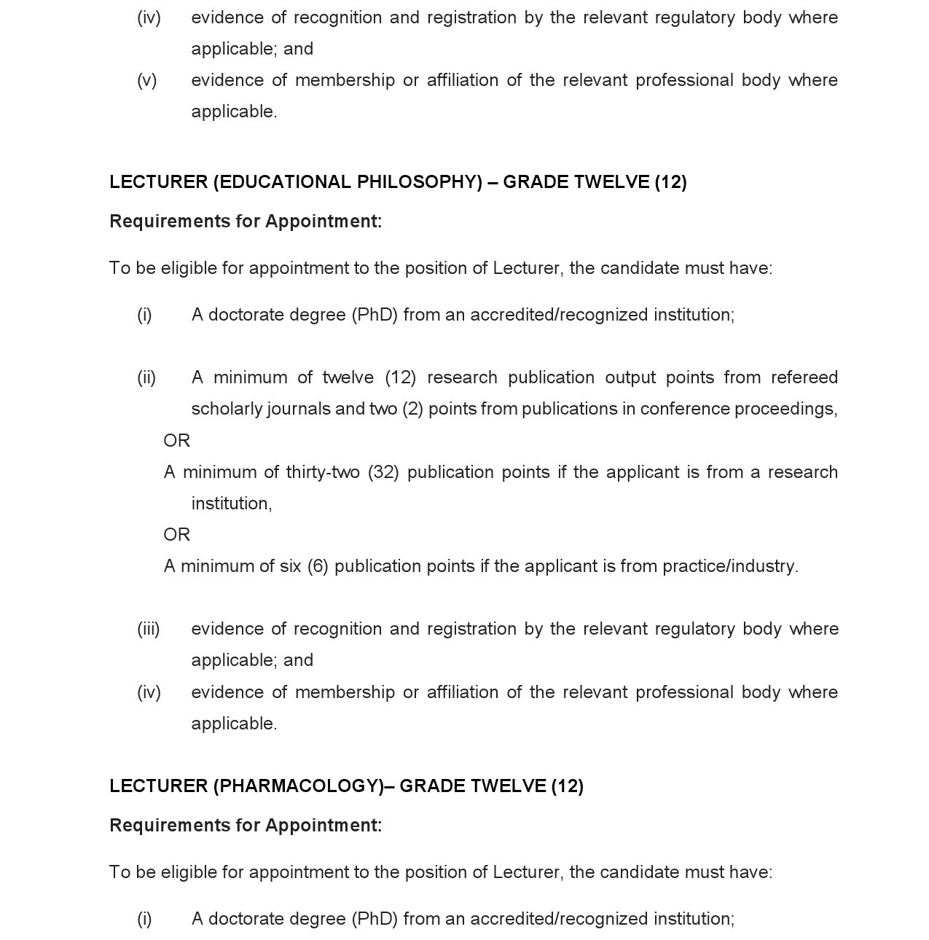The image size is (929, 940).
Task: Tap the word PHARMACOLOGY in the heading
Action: point(298,786)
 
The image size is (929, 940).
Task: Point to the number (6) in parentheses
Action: point(318,566)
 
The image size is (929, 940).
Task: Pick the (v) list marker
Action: point(147,80)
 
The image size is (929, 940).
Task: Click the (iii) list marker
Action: point(149,629)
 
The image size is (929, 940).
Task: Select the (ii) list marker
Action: point(146,377)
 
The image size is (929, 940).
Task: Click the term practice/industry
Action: point(729,566)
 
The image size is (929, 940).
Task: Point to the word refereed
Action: point(804,377)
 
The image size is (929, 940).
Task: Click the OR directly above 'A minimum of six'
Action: point(177,535)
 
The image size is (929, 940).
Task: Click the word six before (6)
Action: point(290,566)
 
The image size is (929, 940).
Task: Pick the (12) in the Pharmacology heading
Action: point(567,786)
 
